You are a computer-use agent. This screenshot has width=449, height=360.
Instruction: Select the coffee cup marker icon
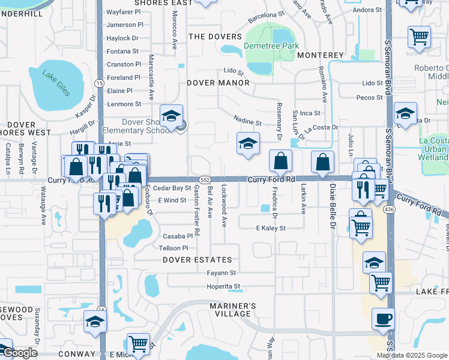click(x=382, y=318)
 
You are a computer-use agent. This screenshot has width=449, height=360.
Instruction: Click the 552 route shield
click(x=205, y=179)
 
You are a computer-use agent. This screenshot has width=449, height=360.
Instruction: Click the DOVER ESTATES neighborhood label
click(x=197, y=260)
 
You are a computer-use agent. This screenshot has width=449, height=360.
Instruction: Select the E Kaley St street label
click(x=271, y=228)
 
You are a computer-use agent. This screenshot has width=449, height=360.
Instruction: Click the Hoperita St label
click(x=223, y=287)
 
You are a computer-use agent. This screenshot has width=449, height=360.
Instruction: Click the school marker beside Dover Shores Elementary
click(x=171, y=115)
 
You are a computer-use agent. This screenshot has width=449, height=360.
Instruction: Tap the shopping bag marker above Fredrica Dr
click(x=280, y=161)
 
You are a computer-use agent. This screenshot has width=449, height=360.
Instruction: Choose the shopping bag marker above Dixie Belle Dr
click(x=322, y=161)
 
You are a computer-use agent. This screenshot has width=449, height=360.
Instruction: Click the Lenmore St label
click(x=124, y=104)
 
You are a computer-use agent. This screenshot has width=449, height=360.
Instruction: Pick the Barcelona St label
click(x=266, y=16)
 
